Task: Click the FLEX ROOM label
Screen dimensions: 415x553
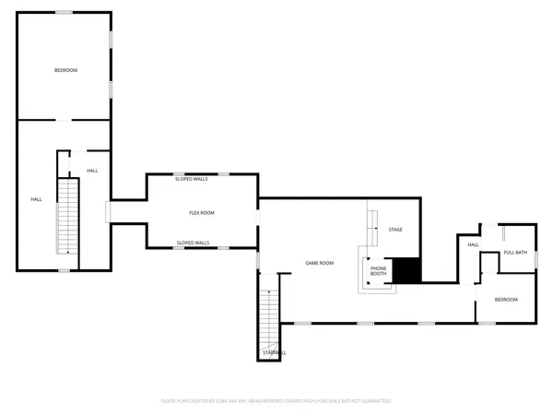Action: pyautogui.click(x=202, y=213)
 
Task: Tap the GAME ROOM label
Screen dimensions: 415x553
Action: pyautogui.click(x=319, y=264)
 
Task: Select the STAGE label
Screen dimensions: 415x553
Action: pyautogui.click(x=395, y=230)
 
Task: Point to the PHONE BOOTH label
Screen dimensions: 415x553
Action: pyautogui.click(x=379, y=271)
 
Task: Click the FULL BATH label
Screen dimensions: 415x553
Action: pyautogui.click(x=515, y=253)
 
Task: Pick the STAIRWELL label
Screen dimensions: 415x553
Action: pyautogui.click(x=274, y=352)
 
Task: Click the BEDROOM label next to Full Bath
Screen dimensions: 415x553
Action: pyautogui.click(x=506, y=300)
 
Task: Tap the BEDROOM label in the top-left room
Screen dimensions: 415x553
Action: pyautogui.click(x=65, y=71)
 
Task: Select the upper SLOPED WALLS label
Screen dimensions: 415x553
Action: pyautogui.click(x=192, y=179)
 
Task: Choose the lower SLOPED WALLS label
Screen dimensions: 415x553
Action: pyautogui.click(x=193, y=243)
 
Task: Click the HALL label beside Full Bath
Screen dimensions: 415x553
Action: pyautogui.click(x=473, y=244)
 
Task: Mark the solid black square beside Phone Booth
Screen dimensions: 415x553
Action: pyautogui.click(x=407, y=270)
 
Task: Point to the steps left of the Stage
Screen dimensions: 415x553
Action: pyautogui.click(x=373, y=226)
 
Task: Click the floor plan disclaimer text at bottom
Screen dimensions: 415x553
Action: pyautogui.click(x=276, y=401)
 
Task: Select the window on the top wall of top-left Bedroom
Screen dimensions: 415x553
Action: pyautogui.click(x=64, y=12)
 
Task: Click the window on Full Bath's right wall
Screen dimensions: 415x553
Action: pyautogui.click(x=536, y=258)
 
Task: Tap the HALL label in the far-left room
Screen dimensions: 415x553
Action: pyautogui.click(x=36, y=199)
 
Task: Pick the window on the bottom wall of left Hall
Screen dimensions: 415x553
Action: pyautogui.click(x=64, y=270)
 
